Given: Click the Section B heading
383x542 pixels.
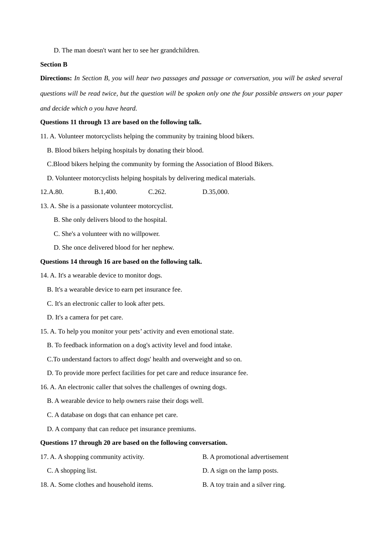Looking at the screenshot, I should click(x=54, y=65).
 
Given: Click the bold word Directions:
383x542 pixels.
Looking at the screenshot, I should click(x=56, y=78).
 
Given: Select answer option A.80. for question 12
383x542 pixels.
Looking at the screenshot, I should click(x=52, y=192).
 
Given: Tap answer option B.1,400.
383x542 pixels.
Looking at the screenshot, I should click(x=106, y=192).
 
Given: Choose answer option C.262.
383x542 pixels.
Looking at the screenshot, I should click(x=157, y=192).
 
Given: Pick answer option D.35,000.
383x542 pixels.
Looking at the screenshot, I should click(x=216, y=192).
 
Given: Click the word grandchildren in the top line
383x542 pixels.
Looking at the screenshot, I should click(x=179, y=50).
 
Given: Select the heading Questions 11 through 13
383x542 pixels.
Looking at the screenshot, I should click(x=121, y=122).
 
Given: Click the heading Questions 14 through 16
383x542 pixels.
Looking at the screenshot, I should click(x=121, y=262).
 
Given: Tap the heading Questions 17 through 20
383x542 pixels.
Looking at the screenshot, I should click(x=133, y=443).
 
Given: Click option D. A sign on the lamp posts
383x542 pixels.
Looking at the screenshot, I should click(x=240, y=471).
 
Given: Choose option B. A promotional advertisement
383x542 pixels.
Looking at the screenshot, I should click(x=245, y=457).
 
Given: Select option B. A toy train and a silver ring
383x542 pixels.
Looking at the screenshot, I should click(x=244, y=485).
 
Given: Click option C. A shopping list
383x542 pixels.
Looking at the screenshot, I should click(x=72, y=471).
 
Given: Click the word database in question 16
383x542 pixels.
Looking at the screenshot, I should click(x=73, y=415).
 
